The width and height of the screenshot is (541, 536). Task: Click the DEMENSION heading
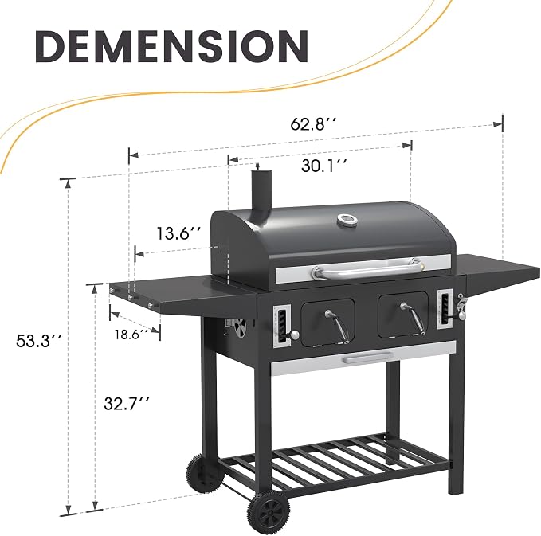pos(171,46)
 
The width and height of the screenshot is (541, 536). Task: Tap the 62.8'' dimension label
pos(313,123)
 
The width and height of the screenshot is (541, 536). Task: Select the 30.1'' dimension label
pos(324,166)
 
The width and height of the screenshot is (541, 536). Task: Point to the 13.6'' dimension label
pos(178,233)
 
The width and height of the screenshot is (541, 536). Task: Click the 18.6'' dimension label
pos(132,335)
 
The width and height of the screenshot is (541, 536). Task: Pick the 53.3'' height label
pos(39,341)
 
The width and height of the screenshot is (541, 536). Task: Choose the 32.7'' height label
pos(127,403)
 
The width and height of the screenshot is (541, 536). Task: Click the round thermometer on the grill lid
pos(347,220)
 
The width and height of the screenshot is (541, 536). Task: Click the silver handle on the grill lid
pos(368,268)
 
